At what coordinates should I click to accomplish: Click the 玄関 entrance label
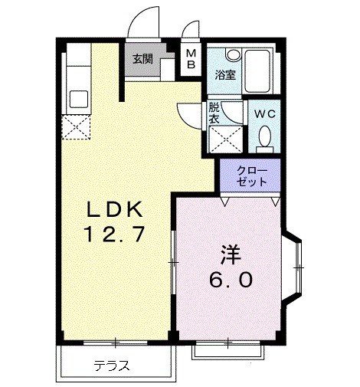coord(142,59)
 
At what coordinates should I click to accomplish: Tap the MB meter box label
coord(191,59)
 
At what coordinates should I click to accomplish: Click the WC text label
coord(264,113)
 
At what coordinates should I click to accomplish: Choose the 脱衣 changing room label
coord(214,114)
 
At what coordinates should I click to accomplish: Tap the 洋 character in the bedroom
coord(229,254)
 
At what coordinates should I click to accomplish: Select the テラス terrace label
coord(111,365)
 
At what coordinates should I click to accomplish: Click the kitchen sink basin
coord(79,100)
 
